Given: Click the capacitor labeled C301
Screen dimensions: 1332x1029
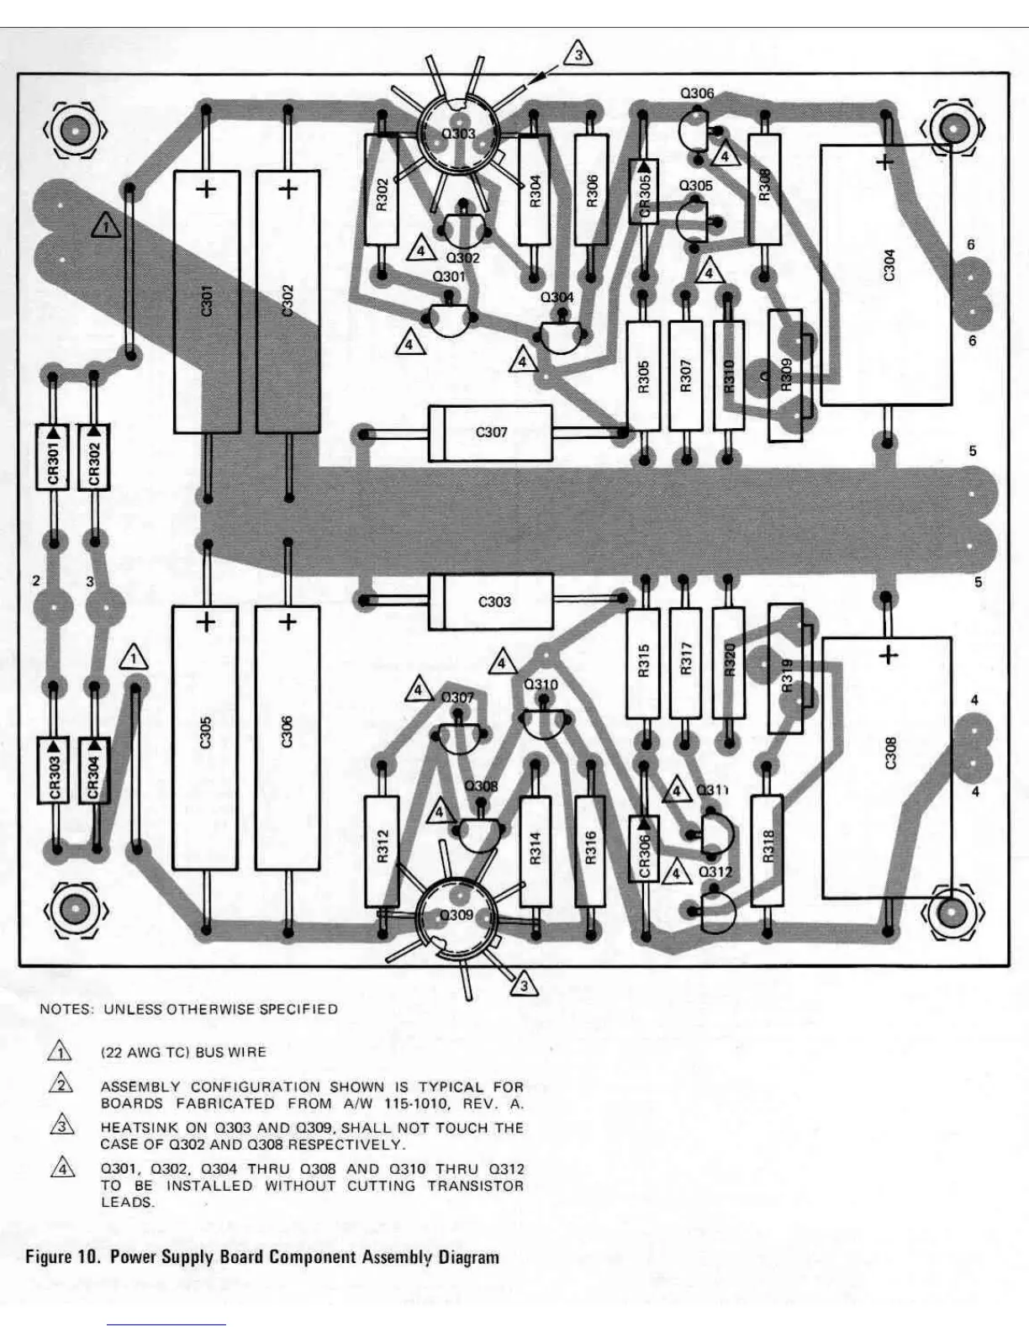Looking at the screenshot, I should click(207, 302).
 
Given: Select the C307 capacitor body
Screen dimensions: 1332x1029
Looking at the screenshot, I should click(491, 433).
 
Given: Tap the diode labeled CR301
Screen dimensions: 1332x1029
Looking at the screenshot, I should click(52, 457).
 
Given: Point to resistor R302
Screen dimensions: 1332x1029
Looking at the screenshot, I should click(381, 191).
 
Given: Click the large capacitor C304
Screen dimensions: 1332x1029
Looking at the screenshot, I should click(886, 275).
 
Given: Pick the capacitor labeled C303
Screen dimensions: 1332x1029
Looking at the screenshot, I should click(492, 602).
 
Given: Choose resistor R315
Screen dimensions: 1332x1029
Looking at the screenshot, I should click(643, 662).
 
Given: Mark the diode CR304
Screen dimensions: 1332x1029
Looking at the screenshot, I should click(94, 769).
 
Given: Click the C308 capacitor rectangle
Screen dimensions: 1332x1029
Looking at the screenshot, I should click(888, 767).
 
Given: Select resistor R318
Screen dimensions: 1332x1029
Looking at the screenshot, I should click(767, 848).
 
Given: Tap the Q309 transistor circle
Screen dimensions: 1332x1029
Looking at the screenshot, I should click(456, 916).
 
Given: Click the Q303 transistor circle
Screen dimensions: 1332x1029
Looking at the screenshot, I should click(458, 135).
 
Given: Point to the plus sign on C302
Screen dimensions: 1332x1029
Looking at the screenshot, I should click(288, 189).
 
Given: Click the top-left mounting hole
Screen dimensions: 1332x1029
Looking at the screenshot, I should click(75, 130).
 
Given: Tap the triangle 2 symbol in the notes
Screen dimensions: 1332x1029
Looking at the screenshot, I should click(61, 1085).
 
